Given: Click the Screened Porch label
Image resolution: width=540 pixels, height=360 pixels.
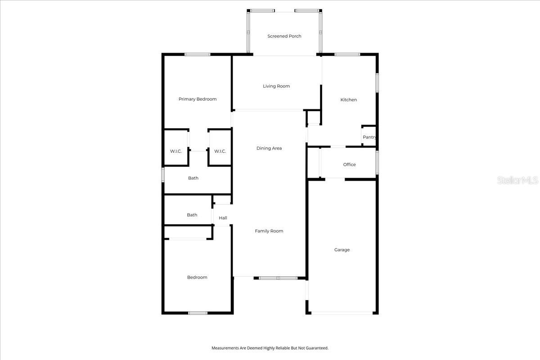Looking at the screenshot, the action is [284, 36].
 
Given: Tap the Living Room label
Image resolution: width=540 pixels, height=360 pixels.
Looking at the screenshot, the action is [276, 86].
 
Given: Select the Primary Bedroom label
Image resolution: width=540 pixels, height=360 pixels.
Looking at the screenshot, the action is [198, 99].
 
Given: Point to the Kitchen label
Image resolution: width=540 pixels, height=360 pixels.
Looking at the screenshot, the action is [349, 99].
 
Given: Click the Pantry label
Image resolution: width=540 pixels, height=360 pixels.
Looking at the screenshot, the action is [369, 137].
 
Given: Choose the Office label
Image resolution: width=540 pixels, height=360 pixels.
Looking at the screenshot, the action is [349, 164].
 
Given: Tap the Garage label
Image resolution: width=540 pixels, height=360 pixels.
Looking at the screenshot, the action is [342, 250].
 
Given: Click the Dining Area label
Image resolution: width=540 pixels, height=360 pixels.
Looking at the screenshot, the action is [269, 148].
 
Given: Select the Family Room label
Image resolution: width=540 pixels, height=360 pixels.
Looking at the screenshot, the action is [269, 231].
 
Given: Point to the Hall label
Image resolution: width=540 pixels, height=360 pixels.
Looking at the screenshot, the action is [223, 218].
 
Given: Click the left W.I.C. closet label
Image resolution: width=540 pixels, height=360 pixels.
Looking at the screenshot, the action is [176, 151].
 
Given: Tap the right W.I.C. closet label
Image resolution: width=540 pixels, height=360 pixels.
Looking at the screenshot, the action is [220, 151].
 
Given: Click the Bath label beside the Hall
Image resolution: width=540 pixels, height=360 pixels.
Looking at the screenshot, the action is [192, 215].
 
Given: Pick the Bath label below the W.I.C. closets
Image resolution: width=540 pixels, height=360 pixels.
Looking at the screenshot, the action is [193, 178].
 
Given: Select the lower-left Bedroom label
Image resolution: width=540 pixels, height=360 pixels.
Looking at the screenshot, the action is [197, 277].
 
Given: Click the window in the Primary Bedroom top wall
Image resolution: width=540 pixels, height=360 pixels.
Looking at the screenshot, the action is [198, 54].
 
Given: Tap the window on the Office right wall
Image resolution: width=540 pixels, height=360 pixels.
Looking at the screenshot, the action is [377, 162].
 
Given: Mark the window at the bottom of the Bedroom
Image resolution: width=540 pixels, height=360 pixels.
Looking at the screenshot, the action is [198, 313].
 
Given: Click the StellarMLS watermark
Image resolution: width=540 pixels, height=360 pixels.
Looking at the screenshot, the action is [517, 180].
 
